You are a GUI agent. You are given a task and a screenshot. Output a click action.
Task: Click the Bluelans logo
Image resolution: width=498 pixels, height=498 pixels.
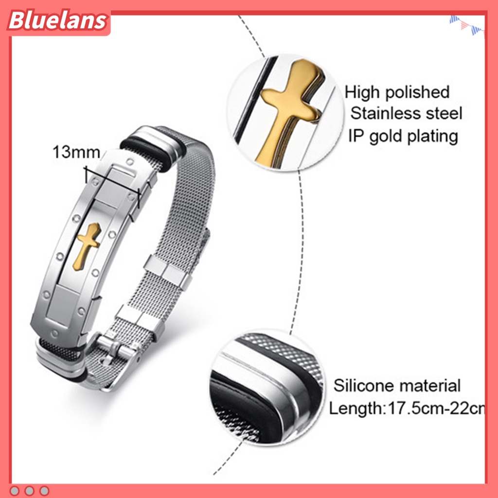(57, 21)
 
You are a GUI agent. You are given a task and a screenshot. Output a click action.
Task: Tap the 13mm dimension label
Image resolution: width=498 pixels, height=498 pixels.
(76, 152)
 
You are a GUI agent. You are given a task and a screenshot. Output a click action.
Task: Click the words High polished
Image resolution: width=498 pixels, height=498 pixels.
(397, 92)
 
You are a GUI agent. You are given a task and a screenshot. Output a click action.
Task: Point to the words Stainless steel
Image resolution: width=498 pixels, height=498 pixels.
(406, 114)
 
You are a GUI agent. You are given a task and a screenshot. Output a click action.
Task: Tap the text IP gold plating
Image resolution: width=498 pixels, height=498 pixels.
(403, 136)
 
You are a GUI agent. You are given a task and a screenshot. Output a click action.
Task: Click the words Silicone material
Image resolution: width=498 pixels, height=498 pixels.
(396, 386)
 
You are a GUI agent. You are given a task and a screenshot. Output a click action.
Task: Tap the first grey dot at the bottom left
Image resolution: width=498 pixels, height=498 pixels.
(16, 490)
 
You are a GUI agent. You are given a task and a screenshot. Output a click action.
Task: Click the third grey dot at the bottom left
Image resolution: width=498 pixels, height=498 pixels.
(45, 490)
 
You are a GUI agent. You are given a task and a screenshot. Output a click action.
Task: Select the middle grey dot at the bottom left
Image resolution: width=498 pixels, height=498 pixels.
(30, 490)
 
